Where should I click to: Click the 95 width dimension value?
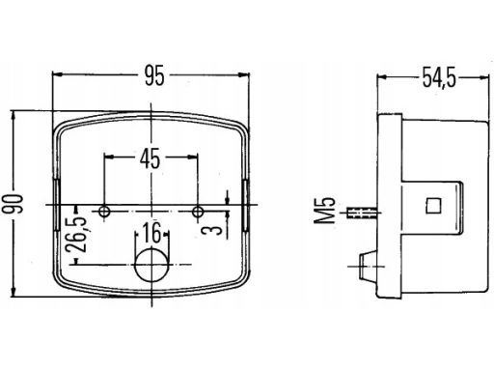click(x=154, y=75)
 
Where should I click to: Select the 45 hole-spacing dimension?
click(x=150, y=158)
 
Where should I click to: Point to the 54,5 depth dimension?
click(x=439, y=77)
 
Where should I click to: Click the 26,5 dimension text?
click(x=76, y=234)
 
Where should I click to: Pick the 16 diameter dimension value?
click(x=151, y=233)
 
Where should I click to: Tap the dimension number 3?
click(x=211, y=230)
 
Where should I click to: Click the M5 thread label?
click(x=325, y=211)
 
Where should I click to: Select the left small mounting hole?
click(x=104, y=212)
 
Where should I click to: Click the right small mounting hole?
click(x=198, y=212)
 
